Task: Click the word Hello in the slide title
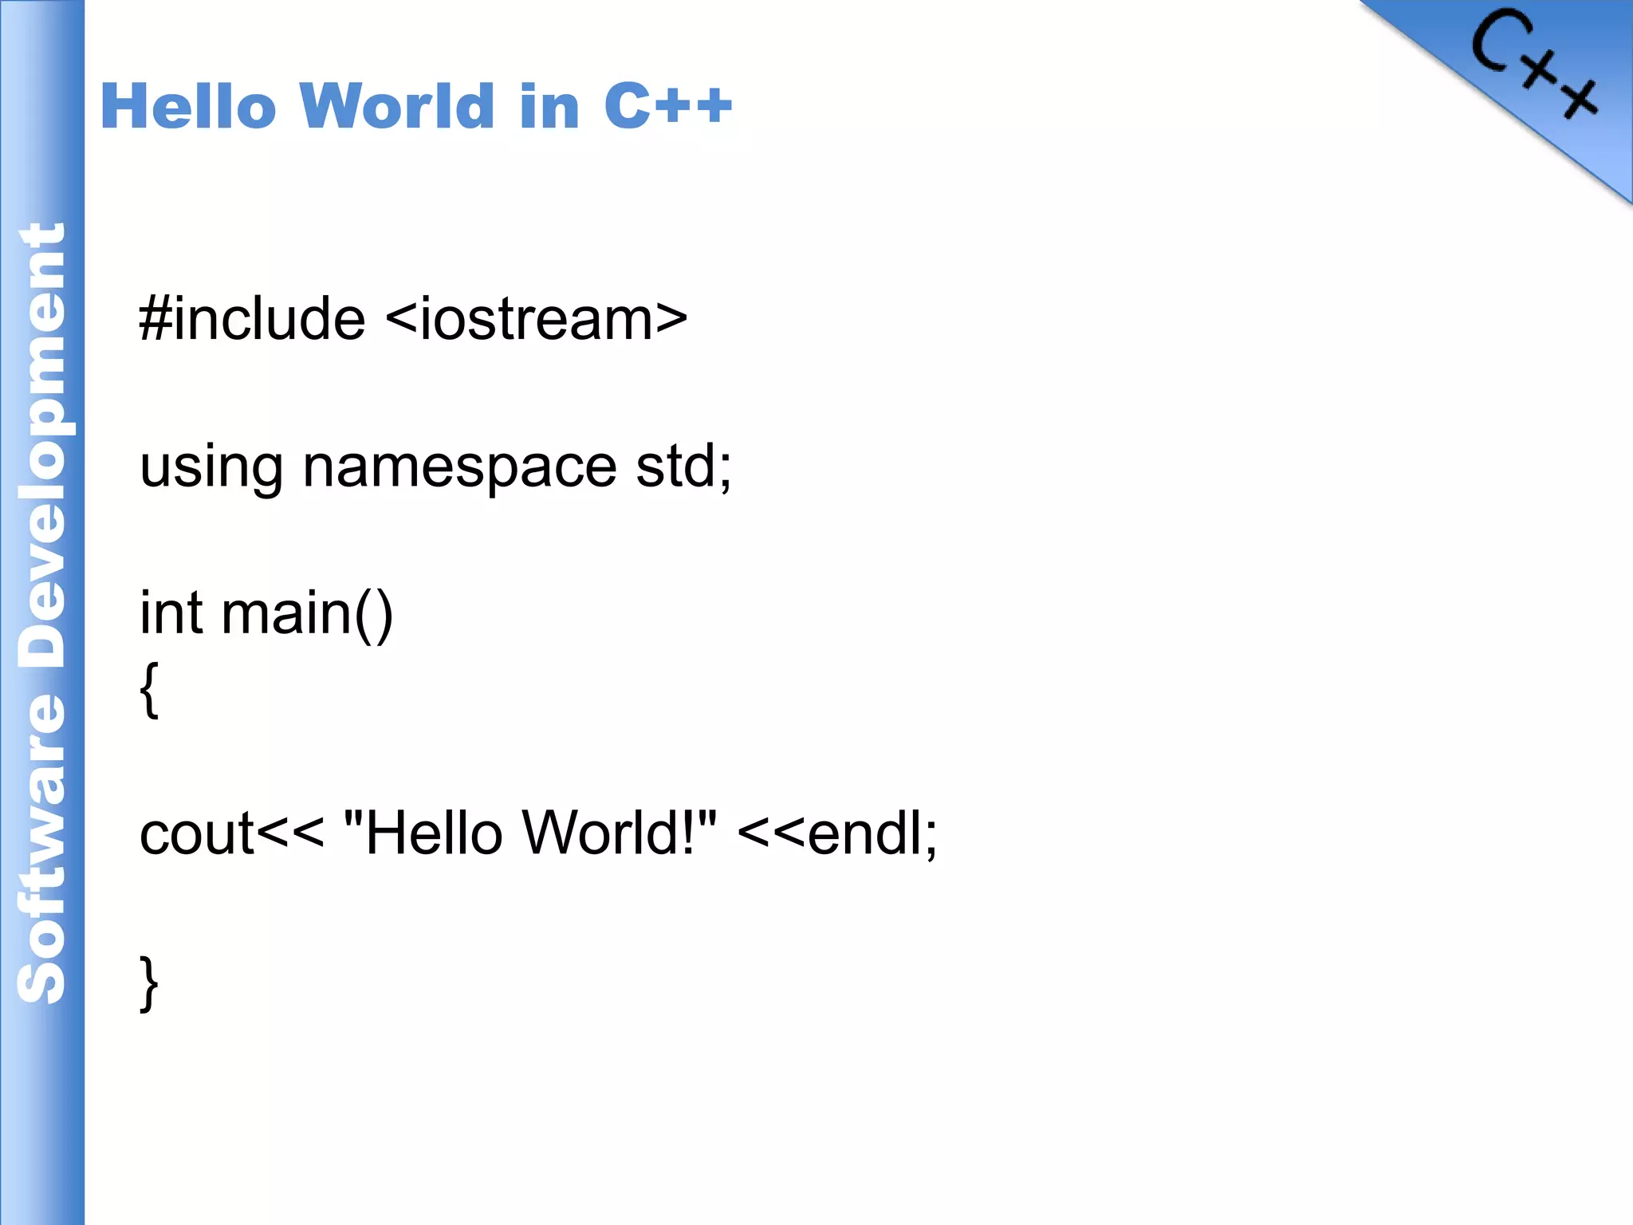pyautogui.click(x=188, y=106)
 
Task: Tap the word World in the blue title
pyautogui.click(x=397, y=106)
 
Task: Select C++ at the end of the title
pyautogui.click(x=667, y=106)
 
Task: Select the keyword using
pyautogui.click(x=211, y=469)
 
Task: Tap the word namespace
pyautogui.click(x=459, y=469)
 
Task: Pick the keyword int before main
pyautogui.click(x=171, y=613)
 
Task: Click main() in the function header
pyautogui.click(x=307, y=615)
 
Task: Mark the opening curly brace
pyautogui.click(x=149, y=689)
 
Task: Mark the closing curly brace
pyautogui.click(x=149, y=983)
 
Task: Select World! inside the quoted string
pyautogui.click(x=610, y=833)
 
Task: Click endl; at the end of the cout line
pyautogui.click(x=872, y=833)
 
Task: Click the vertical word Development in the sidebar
pyautogui.click(x=41, y=447)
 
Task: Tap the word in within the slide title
pyautogui.click(x=549, y=108)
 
